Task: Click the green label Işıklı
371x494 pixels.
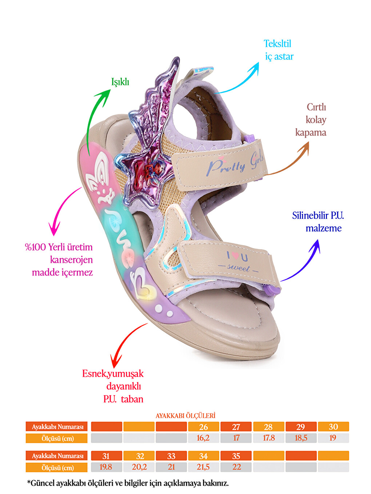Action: (x=120, y=82)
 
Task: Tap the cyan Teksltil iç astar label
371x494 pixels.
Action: (x=279, y=50)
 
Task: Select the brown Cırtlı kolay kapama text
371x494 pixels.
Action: (x=311, y=120)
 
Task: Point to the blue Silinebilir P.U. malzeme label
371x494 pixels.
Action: (x=318, y=222)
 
